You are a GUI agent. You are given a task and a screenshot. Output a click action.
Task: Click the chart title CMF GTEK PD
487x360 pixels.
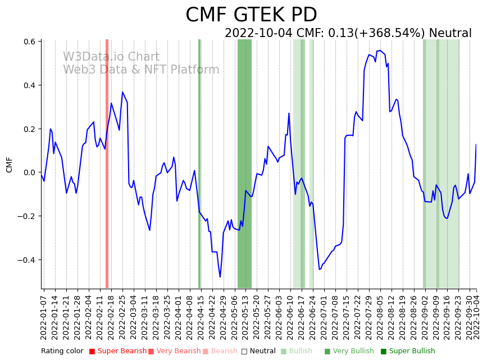251,15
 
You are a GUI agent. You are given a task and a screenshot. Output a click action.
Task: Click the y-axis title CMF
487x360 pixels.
9,165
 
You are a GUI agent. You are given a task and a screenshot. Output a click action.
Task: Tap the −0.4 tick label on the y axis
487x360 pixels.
27,260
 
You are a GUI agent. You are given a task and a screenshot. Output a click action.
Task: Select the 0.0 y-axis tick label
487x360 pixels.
29,172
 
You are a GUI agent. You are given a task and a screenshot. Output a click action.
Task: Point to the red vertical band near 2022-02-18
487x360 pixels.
107,163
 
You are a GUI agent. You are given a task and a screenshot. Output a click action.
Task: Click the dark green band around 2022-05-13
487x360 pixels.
244,163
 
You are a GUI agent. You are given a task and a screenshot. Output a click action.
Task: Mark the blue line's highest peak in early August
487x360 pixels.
380,51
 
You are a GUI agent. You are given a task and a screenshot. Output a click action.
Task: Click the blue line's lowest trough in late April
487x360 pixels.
220,277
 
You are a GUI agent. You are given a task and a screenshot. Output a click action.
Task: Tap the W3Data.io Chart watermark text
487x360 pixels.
111,57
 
